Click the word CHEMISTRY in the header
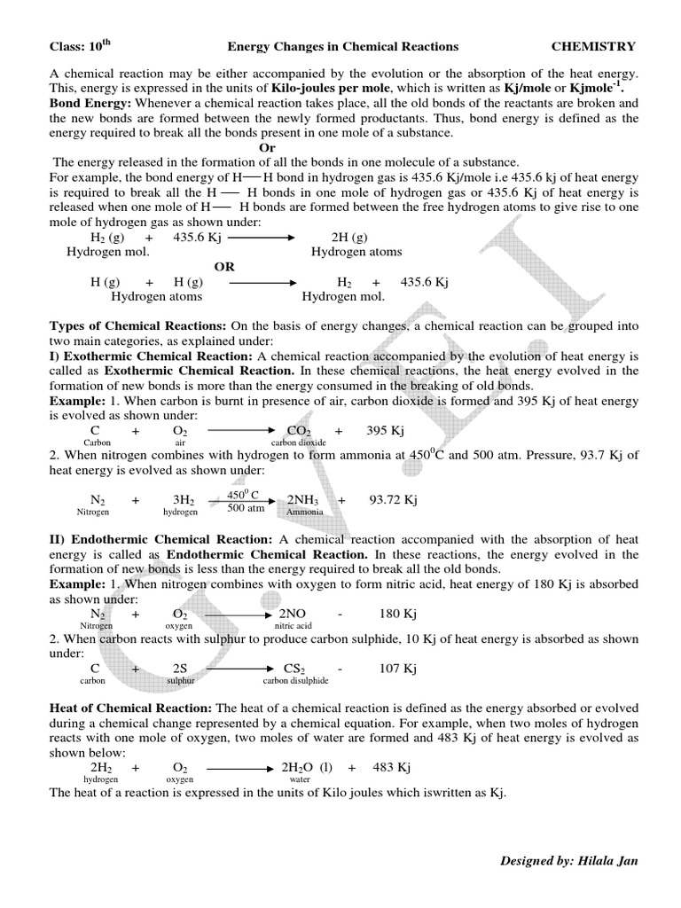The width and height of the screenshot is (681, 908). pyautogui.click(x=593, y=46)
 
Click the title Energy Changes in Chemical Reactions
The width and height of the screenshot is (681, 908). pyautogui.click(x=343, y=46)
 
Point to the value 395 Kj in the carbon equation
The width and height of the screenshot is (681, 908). pyautogui.click(x=385, y=430)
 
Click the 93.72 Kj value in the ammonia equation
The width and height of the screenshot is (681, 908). pyautogui.click(x=393, y=500)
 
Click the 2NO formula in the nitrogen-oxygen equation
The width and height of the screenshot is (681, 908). pyautogui.click(x=292, y=614)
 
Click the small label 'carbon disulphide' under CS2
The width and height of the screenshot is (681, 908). pyautogui.click(x=295, y=681)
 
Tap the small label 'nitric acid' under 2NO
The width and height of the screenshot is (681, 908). pyautogui.click(x=293, y=626)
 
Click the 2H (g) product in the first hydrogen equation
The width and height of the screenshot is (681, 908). pyautogui.click(x=348, y=239)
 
